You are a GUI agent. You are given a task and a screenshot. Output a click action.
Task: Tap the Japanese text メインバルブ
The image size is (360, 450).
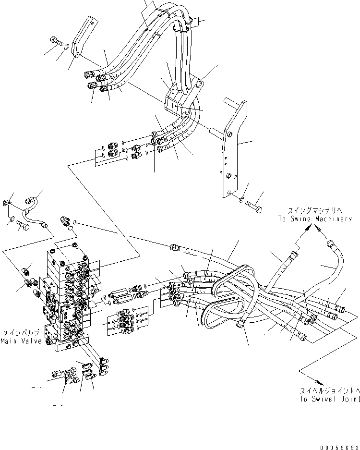click(x=22, y=332)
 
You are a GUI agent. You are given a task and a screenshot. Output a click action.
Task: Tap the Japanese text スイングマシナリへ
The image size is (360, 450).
click(x=314, y=210)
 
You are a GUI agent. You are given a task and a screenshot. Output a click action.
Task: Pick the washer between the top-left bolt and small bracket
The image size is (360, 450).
click(x=67, y=46)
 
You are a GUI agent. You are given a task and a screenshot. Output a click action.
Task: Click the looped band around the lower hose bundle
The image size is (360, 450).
click(x=230, y=293)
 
